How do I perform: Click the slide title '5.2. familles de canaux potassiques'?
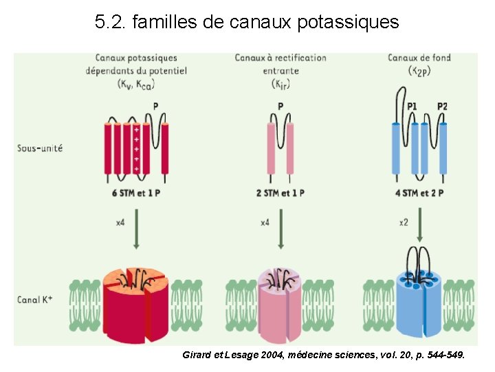[247, 23]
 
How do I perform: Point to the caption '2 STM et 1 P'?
[280, 193]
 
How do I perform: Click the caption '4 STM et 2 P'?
[421, 193]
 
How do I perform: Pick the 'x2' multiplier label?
[404, 223]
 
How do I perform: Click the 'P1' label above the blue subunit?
[412, 106]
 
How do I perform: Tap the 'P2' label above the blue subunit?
[441, 106]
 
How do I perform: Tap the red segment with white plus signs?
[137, 148]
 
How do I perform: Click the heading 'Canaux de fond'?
[419, 58]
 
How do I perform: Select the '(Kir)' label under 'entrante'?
[280, 83]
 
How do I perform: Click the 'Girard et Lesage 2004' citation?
[324, 355]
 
